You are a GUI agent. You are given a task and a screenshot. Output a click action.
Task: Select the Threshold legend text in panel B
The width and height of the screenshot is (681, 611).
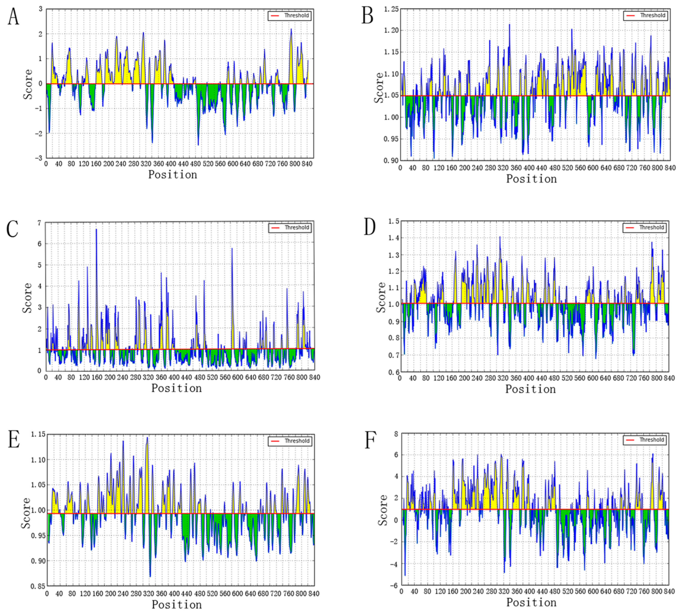tap(653, 15)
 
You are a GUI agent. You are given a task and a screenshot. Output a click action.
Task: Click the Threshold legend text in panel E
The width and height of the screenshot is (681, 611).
tap(297, 441)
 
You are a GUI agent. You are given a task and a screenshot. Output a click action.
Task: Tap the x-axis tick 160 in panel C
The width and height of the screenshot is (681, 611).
tap(97, 377)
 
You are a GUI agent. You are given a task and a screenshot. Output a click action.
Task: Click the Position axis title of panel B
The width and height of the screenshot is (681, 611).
tap(531, 179)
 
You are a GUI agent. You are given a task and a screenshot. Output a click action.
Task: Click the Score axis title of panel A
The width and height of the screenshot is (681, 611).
tap(28, 84)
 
